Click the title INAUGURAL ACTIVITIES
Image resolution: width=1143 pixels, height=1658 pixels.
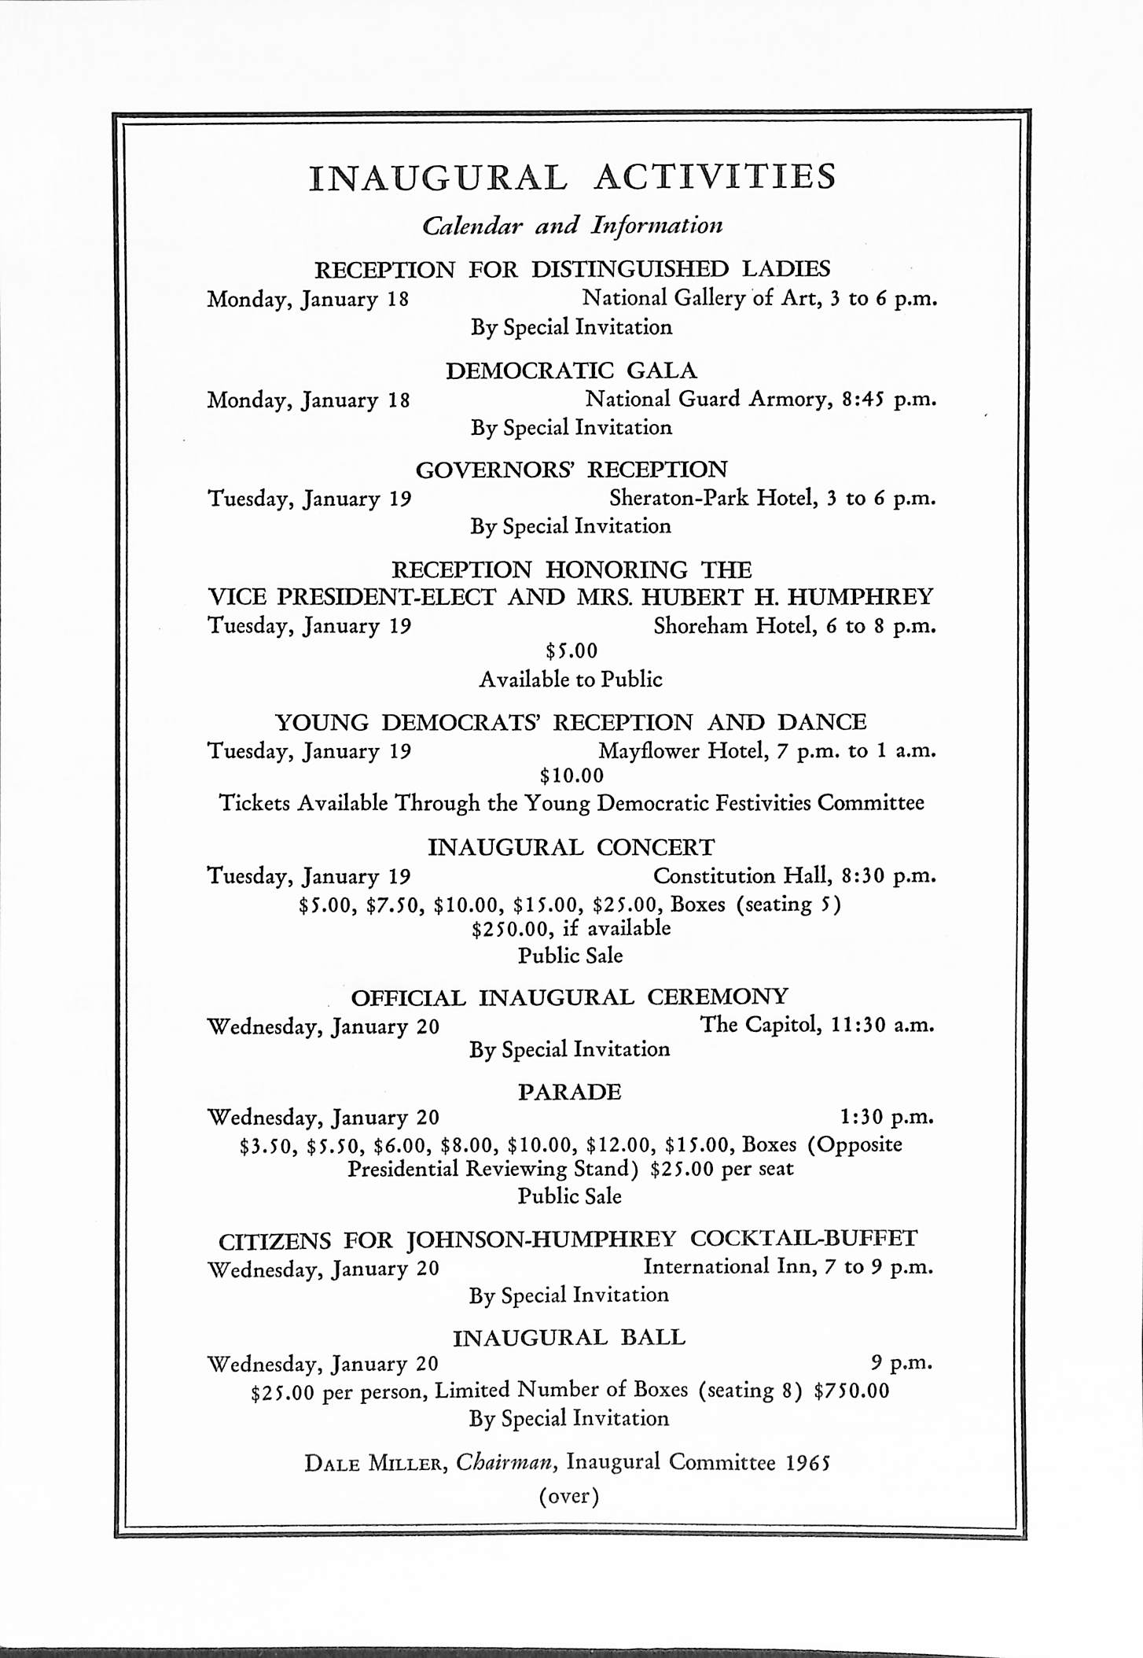571,177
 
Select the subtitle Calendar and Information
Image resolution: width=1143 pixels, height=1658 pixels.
571,226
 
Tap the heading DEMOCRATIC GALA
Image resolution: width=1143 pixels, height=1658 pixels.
571,370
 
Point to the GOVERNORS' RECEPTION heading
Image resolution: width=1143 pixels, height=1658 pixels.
571,470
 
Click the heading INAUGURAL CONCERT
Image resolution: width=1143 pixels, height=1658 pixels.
571,847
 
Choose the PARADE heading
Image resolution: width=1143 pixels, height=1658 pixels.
570,1092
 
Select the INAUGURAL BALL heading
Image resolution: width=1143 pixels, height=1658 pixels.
570,1337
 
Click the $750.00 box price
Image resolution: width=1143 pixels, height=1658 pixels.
851,1391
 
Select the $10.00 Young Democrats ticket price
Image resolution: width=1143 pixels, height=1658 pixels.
571,776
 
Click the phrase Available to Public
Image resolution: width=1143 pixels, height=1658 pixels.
571,679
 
